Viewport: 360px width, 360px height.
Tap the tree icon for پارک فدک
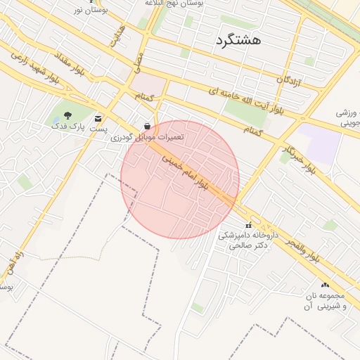67,116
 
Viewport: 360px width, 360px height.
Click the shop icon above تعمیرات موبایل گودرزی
147,124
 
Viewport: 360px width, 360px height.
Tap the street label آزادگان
288,83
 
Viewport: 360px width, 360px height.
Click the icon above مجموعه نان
325,285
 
